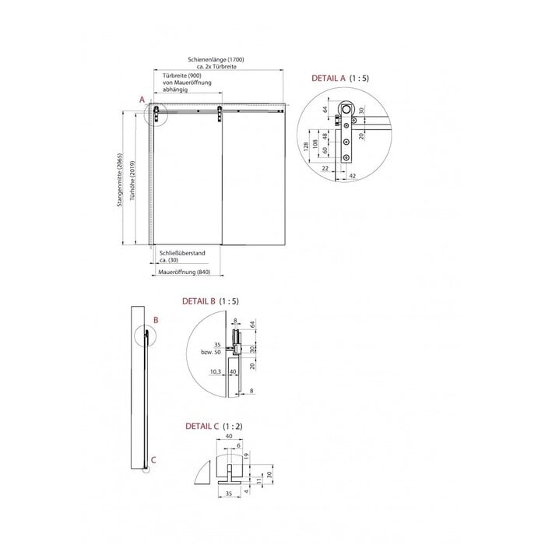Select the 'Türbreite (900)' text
181,75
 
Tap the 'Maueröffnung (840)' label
185,272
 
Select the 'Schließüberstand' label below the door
181,253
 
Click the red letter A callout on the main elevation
142,100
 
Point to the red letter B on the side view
155,319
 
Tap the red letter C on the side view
153,459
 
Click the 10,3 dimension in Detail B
214,371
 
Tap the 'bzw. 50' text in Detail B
210,352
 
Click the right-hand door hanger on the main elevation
220,114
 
